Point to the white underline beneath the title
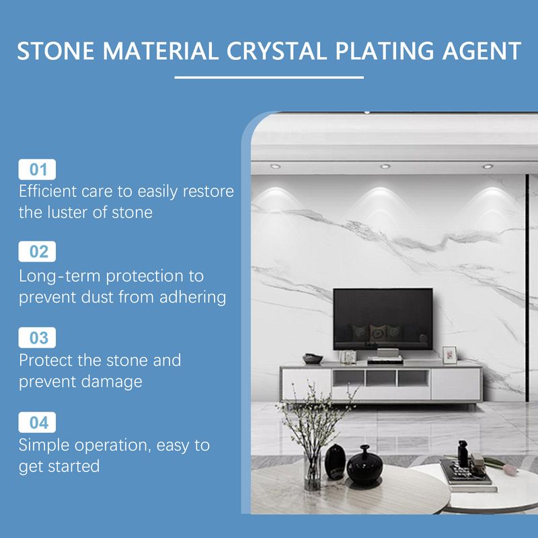[x=269, y=77]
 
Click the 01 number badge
[x=38, y=169]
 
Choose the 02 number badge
[x=38, y=252]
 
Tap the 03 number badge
[x=38, y=337]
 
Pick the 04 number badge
[x=38, y=422]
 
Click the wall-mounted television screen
[x=383, y=318]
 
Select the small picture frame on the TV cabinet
[x=450, y=354]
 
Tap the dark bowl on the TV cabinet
[x=313, y=358]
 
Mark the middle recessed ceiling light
[x=385, y=166]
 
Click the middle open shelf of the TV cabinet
[x=381, y=378]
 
